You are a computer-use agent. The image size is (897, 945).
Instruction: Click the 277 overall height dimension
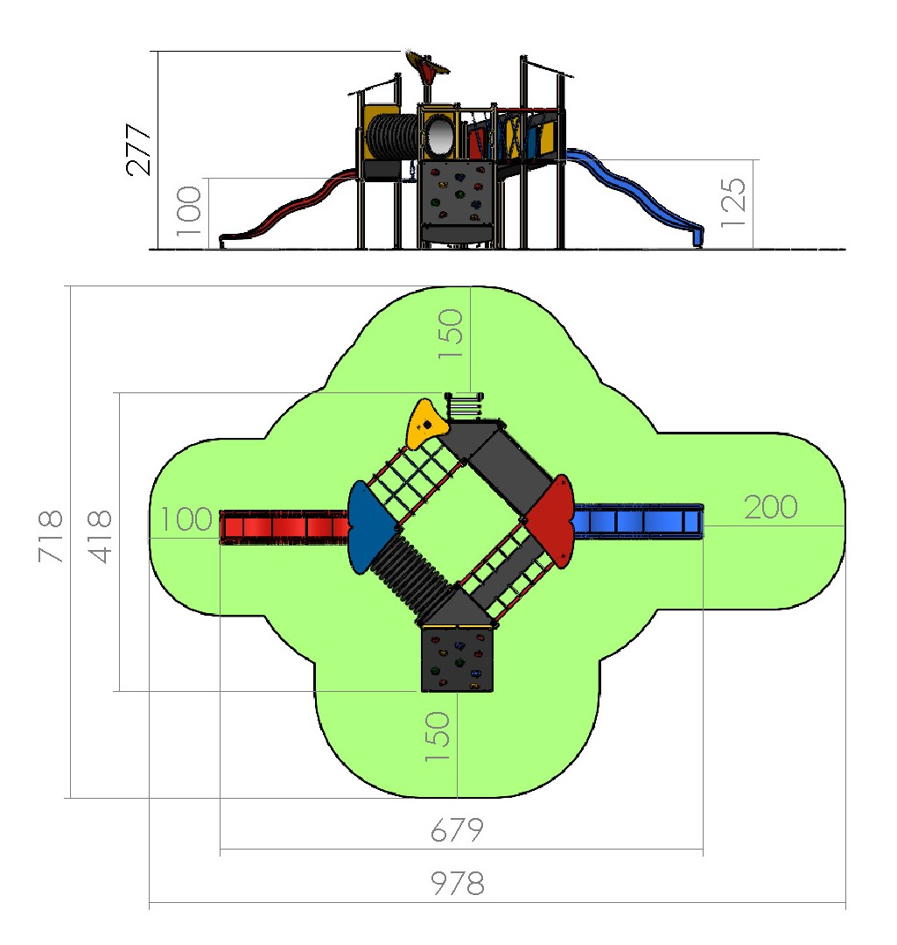138,150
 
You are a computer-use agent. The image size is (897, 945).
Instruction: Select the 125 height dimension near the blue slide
734,202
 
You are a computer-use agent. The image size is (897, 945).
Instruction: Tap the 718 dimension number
51,536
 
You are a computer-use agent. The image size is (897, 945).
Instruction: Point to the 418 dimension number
100,536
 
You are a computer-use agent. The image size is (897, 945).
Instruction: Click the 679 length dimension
457,830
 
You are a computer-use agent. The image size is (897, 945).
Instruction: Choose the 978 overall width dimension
458,884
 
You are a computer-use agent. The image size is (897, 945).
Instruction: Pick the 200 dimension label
771,507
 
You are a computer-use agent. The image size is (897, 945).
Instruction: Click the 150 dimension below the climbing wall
438,736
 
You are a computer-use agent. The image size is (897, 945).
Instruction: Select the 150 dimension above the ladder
451,334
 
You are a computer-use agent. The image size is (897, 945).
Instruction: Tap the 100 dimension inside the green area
186,518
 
